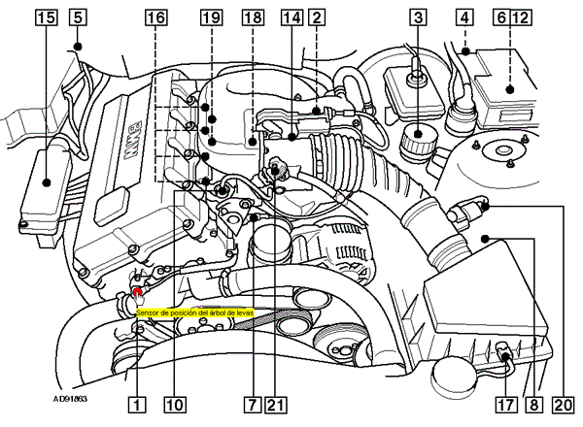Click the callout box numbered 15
point(48,16)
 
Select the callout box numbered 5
point(77,16)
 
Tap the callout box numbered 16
point(154,16)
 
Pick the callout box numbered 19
point(211,16)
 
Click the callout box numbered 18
point(252,16)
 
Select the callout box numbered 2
point(316,16)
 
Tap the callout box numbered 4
point(465,16)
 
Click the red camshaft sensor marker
point(138,291)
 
